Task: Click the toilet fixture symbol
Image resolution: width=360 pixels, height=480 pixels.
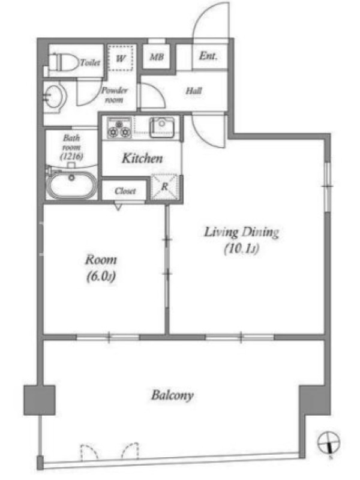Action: [64, 62]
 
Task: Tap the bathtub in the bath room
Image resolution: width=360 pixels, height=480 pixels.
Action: [71, 185]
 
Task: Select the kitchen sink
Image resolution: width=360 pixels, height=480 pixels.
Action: [161, 127]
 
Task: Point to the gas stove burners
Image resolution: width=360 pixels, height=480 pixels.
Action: [119, 127]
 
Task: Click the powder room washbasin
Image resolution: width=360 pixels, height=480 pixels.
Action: [55, 97]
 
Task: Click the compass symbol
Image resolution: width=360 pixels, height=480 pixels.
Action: [328, 443]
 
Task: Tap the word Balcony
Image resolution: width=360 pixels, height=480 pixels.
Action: [172, 395]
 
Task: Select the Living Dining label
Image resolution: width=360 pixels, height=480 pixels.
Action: [242, 232]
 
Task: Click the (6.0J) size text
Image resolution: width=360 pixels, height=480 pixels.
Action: [101, 277]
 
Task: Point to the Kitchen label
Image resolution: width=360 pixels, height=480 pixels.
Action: [142, 158]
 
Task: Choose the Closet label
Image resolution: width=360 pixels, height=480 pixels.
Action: [125, 191]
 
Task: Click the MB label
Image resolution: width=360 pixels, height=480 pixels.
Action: [157, 57]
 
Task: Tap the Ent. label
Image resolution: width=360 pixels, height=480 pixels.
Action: [208, 56]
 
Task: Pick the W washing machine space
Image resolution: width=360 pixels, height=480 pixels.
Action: [121, 58]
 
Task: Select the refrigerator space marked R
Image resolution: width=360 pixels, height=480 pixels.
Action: [164, 187]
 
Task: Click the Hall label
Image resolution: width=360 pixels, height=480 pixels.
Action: [194, 91]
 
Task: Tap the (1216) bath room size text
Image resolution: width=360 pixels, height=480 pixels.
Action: [71, 157]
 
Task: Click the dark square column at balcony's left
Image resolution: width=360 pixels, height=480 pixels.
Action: [40, 400]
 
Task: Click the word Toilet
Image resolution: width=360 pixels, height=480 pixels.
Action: [90, 62]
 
